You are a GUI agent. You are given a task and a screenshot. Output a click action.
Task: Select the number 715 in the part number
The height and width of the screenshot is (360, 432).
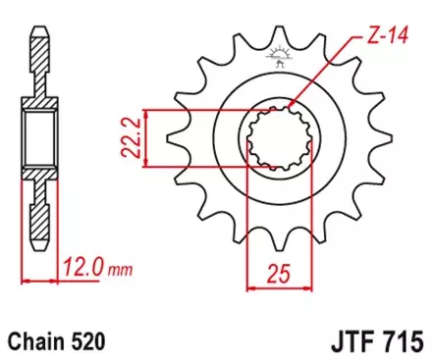click(x=404, y=340)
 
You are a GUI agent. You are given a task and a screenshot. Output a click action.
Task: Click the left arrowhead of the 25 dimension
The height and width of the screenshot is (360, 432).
click(x=250, y=288)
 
